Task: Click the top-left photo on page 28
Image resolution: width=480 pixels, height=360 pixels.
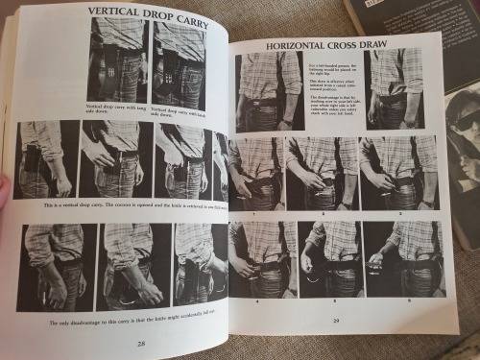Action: coord(118,58)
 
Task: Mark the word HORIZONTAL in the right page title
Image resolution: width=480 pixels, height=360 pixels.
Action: coord(286,44)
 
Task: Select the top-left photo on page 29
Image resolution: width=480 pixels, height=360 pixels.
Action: coord(268,89)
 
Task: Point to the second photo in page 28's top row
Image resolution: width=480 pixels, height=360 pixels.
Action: coord(180,58)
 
